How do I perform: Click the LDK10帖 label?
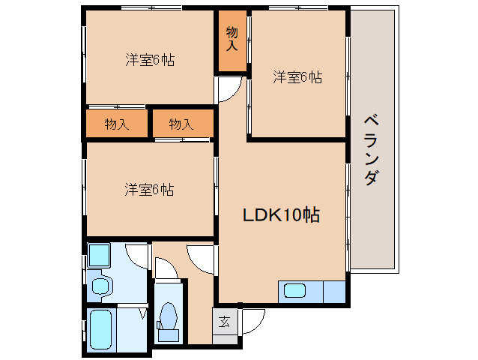coord(281,215)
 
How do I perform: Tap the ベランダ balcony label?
coord(371,150)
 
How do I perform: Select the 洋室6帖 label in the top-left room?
coord(150,61)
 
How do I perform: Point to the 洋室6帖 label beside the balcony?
coord(297,76)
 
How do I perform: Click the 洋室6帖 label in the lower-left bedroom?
coord(150,189)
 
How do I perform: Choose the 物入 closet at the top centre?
coord(232,40)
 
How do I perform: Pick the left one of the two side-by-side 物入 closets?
coord(117,124)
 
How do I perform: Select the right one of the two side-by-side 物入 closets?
coord(181,124)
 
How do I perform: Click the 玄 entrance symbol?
coord(224,322)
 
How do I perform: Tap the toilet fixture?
coord(169,316)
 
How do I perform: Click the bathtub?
coord(102,330)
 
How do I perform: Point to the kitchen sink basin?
coord(294,291)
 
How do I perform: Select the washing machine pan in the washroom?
coord(99,256)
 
